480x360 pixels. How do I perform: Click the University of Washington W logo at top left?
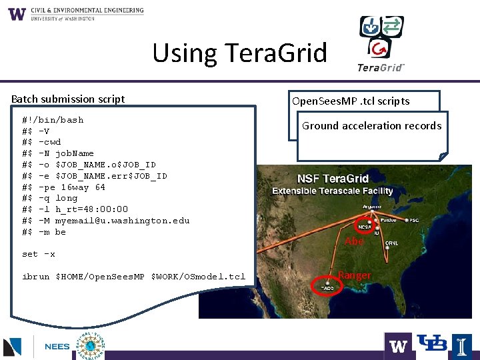pos(17,14)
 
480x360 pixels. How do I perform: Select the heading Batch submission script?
pos(68,99)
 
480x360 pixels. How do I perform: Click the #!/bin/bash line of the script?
pos(53,120)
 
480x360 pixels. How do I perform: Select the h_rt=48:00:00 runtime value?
pos(91,209)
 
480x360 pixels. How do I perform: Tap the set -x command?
pos(39,254)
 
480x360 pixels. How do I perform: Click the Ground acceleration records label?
pos(371,126)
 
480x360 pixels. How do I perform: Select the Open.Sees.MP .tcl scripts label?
pos(351,101)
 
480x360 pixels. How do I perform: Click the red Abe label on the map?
pos(354,241)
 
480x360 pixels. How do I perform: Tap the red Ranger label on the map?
pos(354,275)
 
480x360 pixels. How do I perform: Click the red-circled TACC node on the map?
pos(325,287)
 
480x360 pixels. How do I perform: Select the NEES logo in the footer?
pos(57,347)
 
